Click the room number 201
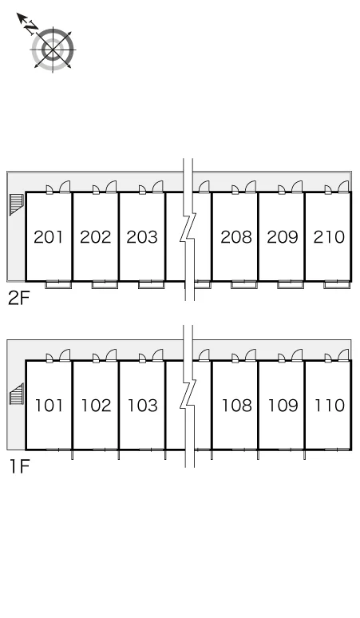49,237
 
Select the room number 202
95,237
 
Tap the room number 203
142,237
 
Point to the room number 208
236,237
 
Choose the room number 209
283,237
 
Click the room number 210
329,237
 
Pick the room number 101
49,405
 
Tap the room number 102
96,405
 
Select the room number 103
143,405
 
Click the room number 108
237,405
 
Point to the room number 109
283,405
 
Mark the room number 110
330,405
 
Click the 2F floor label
19,299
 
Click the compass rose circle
53,50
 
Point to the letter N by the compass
30,27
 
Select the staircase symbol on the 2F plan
17,204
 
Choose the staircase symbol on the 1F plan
17,394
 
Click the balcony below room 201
58,284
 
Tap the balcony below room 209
291,284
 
